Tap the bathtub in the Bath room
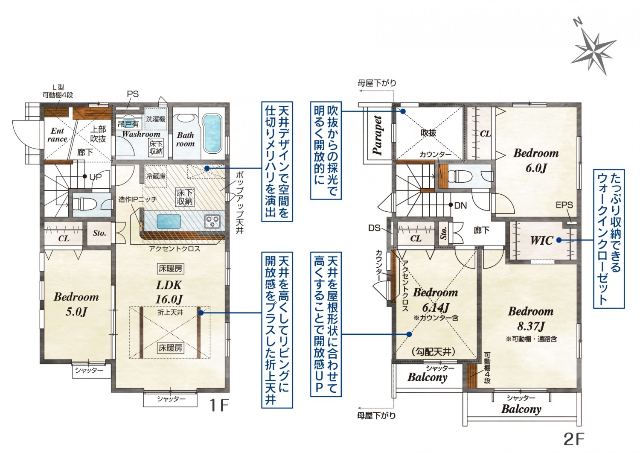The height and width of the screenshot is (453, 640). [x=212, y=134]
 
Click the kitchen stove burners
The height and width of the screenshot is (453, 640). [x=212, y=221]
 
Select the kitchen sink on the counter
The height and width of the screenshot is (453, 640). [x=169, y=222]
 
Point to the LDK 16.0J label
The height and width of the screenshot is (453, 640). [x=169, y=292]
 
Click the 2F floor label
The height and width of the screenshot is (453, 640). [x=574, y=438]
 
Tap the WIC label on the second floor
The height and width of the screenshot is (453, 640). [x=542, y=240]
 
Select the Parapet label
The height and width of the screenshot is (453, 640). [x=378, y=135]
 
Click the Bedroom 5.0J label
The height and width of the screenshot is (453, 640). [x=76, y=304]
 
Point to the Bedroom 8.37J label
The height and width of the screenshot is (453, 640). [x=531, y=319]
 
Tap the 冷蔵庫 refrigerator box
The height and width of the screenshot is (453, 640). [x=156, y=176]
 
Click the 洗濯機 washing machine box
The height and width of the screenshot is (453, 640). [x=156, y=118]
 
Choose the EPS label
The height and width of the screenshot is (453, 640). [x=564, y=205]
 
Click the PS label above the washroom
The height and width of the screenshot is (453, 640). [x=133, y=94]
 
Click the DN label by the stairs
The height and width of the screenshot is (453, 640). [x=460, y=205]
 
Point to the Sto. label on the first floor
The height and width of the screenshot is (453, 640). [x=99, y=233]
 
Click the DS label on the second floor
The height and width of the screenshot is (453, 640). [x=374, y=228]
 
